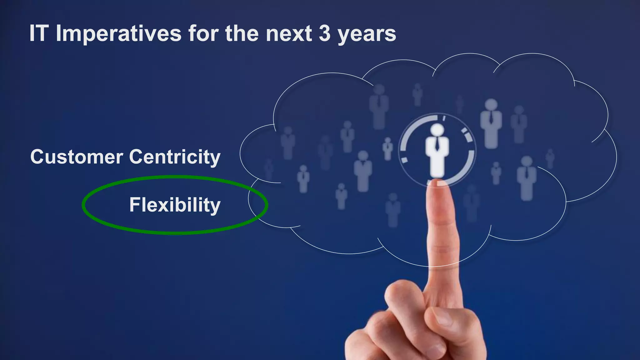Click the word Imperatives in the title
pos(118,33)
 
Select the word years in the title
pos(367,34)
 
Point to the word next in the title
pos(289,33)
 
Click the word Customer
pos(77,157)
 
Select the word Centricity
pos(175,157)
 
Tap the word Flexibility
pos(175,205)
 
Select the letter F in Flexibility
pos(134,205)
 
